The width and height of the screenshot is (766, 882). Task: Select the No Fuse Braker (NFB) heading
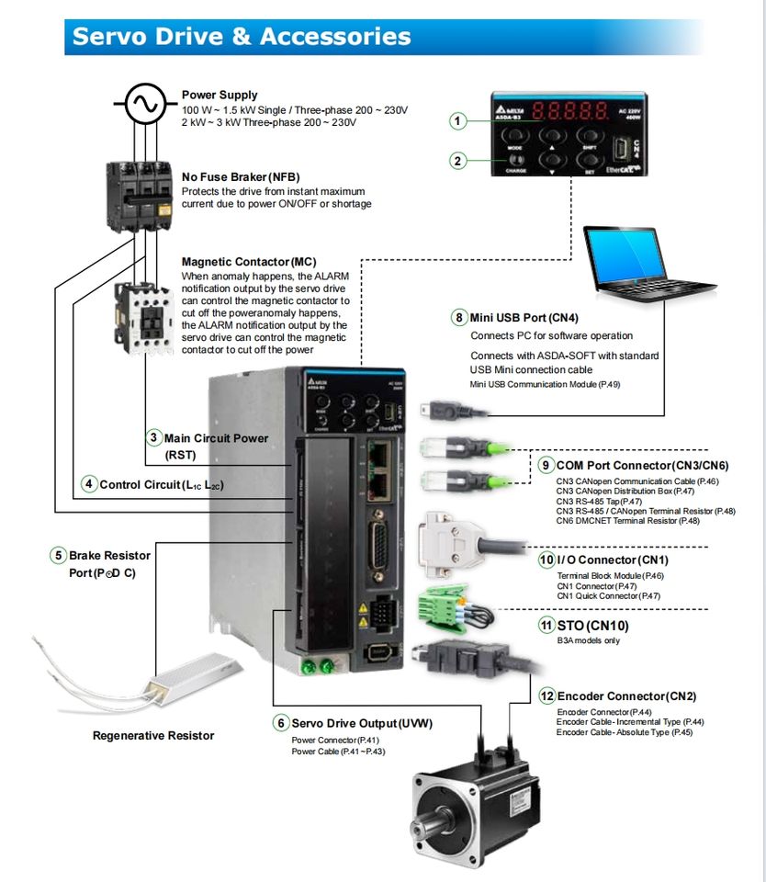[241, 177]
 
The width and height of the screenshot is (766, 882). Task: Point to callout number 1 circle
[458, 120]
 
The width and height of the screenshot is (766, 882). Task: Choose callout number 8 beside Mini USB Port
[459, 318]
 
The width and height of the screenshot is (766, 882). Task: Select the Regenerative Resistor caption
[153, 735]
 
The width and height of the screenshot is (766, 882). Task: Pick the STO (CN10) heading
[593, 626]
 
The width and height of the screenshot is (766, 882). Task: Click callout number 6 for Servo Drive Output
[280, 723]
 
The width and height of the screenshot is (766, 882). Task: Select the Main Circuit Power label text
[216, 438]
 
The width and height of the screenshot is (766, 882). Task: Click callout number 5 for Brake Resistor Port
[58, 555]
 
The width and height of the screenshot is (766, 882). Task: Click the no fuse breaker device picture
[139, 193]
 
